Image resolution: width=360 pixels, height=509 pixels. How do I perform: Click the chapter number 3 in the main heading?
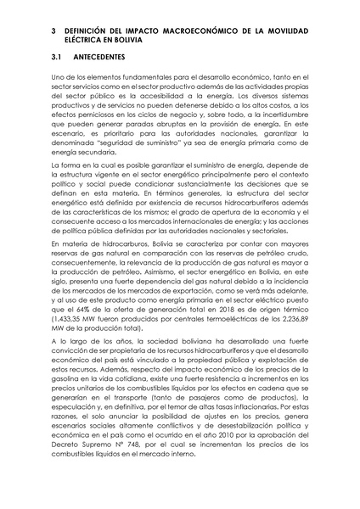(53, 31)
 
